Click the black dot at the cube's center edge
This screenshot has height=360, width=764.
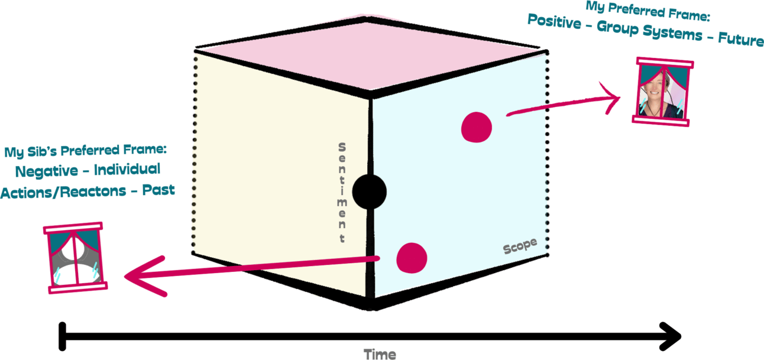point(369,192)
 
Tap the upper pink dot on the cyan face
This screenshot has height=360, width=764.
point(476,127)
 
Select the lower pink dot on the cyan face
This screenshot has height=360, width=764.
point(412,257)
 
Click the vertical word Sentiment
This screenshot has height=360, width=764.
point(342,193)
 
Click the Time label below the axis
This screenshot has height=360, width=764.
point(379,353)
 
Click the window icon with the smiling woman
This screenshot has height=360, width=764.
point(662,90)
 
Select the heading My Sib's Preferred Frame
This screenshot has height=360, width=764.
point(86,151)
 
